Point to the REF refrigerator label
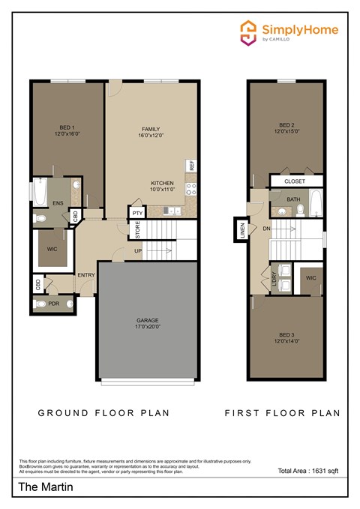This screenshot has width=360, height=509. [192, 165]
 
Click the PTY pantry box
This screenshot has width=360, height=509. [137, 213]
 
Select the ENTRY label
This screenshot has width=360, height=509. [86, 274]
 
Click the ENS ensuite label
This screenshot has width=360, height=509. [57, 203]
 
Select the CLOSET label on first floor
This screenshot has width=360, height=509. [294, 181]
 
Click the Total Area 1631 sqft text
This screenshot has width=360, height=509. [308, 471]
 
